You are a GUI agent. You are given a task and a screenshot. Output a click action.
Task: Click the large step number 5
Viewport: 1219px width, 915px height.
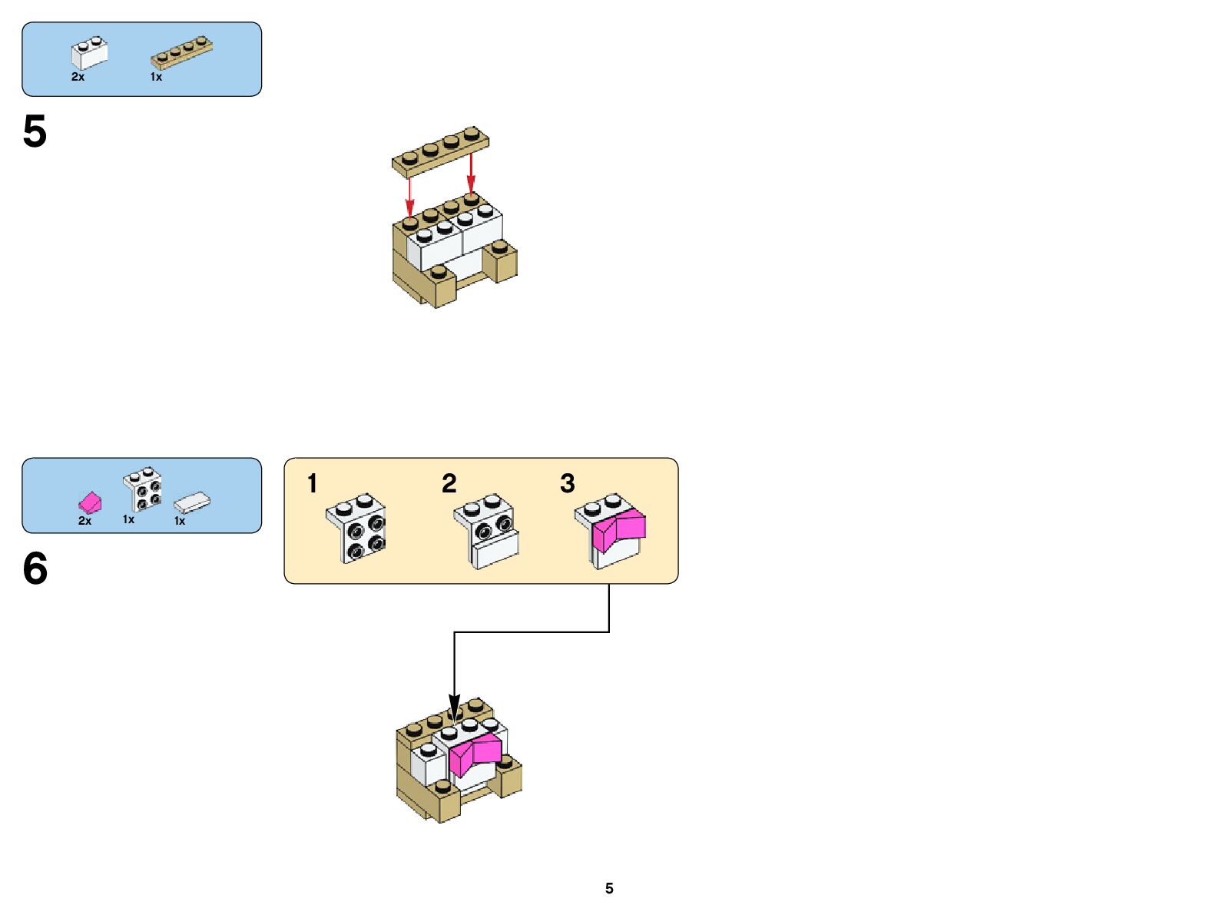tap(35, 131)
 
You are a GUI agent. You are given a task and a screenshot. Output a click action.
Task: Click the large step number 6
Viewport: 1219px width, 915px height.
tap(35, 569)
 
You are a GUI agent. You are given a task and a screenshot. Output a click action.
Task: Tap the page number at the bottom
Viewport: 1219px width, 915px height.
tap(609, 888)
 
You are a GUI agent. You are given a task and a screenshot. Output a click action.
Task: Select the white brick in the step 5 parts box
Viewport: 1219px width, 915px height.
tap(89, 53)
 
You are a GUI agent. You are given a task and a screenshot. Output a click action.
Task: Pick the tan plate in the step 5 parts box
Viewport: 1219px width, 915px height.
tap(181, 51)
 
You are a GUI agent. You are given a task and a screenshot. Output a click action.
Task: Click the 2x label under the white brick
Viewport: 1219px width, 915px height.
tap(78, 77)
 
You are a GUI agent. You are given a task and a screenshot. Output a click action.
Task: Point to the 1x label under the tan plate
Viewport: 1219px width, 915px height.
tap(156, 77)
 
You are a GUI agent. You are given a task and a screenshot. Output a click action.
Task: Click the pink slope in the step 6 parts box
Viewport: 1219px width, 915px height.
tap(90, 502)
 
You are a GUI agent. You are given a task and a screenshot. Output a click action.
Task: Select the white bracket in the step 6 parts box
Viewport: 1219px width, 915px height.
tap(143, 489)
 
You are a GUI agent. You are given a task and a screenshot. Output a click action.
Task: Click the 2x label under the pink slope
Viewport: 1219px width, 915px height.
tap(84, 521)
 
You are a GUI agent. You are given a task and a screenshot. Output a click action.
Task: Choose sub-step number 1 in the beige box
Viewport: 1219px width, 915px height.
tap(312, 483)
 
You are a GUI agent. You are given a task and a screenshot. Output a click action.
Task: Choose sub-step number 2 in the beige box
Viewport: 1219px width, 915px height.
tap(449, 483)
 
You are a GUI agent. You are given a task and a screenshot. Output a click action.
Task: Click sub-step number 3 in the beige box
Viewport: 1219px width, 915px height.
tap(567, 483)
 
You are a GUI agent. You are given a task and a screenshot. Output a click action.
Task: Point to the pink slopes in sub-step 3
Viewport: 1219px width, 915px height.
tap(618, 529)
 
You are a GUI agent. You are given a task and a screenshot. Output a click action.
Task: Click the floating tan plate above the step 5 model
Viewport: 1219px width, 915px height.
tap(440, 151)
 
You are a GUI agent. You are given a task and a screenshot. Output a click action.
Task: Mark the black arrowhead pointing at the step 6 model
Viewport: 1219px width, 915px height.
tap(454, 706)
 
